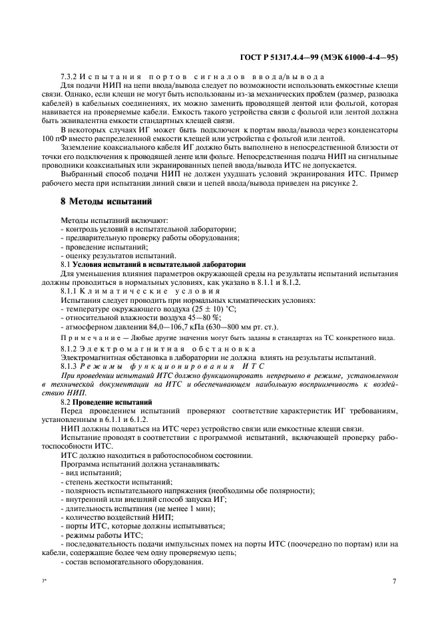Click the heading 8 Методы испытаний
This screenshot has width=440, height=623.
pyautogui.click(x=105, y=201)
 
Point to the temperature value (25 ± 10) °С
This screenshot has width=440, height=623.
pyautogui.click(x=201, y=310)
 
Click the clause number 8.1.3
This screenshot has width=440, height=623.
pyautogui.click(x=70, y=366)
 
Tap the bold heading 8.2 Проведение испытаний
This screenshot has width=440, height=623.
pyautogui.click(x=106, y=402)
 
